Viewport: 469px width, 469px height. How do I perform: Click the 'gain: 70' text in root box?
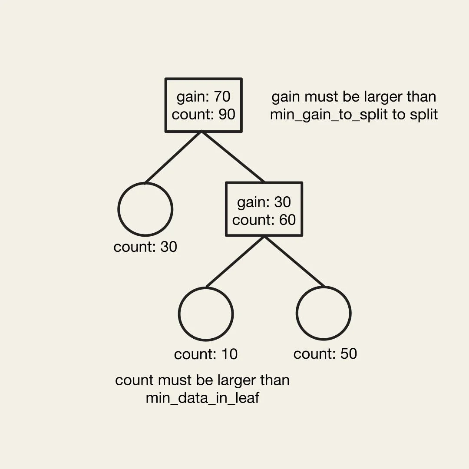203,96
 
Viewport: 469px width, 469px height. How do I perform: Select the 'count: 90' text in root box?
203,114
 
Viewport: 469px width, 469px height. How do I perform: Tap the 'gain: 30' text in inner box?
264,202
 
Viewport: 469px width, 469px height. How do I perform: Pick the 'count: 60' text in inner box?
264,220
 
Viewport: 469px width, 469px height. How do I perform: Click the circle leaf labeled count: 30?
145,209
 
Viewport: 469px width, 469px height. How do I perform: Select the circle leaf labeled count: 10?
206,314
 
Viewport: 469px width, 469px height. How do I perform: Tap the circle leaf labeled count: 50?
324,313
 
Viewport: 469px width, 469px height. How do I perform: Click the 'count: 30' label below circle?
145,247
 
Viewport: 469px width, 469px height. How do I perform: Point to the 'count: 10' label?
206,354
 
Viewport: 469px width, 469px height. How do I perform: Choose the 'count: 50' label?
325,354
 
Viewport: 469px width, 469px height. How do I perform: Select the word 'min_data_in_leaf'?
202,398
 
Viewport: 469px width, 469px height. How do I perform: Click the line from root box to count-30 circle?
173,157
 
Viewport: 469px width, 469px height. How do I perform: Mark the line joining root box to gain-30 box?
233,156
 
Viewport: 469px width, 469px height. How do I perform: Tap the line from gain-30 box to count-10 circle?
235,262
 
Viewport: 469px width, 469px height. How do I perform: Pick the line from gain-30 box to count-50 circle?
294,262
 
